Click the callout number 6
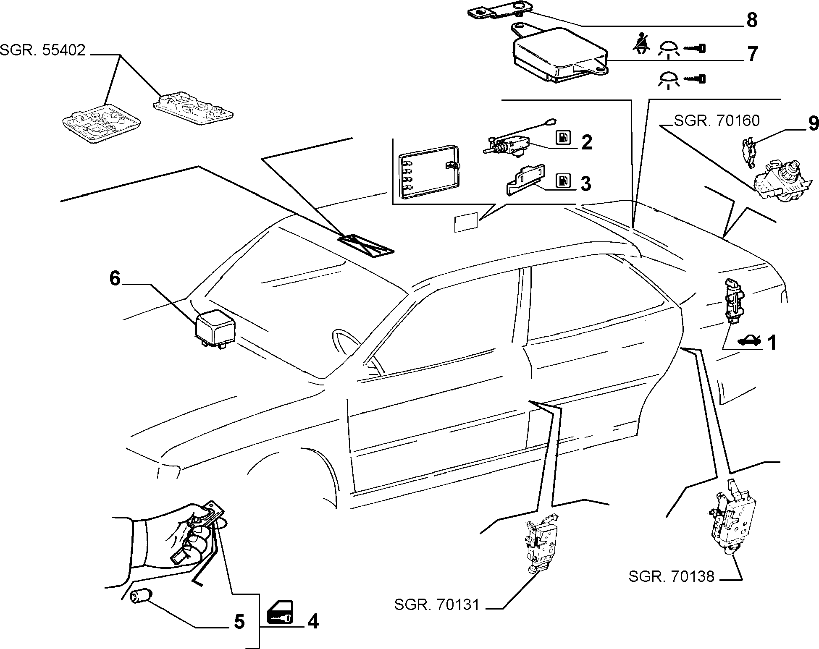115,278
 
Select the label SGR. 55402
42,50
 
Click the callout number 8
752,20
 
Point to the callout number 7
752,53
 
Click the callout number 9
813,123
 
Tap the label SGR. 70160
717,121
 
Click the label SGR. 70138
671,576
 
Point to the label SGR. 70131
437,605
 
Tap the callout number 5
239,622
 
